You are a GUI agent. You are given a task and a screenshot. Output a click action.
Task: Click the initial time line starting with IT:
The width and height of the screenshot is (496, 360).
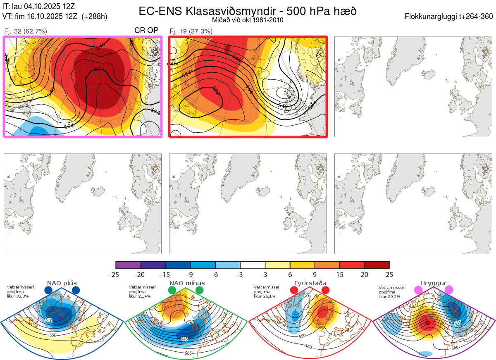[38, 7]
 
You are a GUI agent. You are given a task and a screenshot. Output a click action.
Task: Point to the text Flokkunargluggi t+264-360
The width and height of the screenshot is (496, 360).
[450, 17]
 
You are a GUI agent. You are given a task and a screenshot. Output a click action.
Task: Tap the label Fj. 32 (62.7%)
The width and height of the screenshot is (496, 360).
[25, 31]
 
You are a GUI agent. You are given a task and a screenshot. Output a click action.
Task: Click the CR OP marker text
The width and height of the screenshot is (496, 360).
[146, 31]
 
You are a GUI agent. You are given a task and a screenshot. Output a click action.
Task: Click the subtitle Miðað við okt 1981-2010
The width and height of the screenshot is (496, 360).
[248, 20]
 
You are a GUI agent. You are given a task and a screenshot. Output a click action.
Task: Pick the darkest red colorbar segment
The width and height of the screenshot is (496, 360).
[377, 265]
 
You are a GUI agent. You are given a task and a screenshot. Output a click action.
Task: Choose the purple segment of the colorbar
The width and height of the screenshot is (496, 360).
[128, 265]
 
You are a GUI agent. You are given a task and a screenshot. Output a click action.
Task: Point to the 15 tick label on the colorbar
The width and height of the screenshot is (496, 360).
[340, 274]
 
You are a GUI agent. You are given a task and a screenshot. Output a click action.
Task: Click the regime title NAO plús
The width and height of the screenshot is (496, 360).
[62, 283]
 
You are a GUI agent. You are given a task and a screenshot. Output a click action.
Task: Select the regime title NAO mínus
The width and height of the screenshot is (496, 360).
[187, 283]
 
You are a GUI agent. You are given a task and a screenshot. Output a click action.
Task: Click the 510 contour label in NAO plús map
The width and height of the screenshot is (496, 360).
[49, 320]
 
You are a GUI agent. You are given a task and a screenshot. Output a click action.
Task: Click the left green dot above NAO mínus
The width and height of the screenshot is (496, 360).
[172, 290]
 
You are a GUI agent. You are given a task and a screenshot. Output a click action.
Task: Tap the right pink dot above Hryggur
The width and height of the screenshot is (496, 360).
[449, 290]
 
